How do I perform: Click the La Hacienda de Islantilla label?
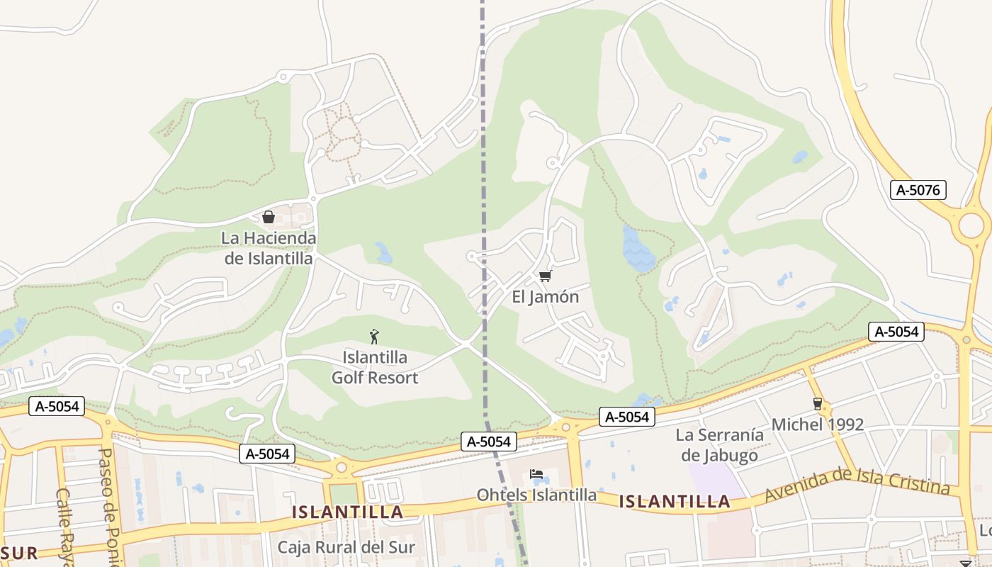(269, 248)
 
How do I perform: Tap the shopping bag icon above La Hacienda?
(269, 217)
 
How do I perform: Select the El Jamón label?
(545, 297)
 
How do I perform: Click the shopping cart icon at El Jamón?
(545, 276)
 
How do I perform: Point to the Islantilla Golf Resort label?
(375, 367)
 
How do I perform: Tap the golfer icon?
(375, 336)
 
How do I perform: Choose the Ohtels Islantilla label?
(536, 495)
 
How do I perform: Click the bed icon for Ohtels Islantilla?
(536, 473)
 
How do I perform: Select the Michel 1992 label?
(818, 425)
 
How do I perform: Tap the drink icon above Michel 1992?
(818, 404)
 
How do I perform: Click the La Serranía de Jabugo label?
(719, 445)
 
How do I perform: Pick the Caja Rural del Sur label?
(346, 547)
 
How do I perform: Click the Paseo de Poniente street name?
(108, 507)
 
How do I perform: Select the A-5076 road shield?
(918, 190)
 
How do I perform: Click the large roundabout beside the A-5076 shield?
(971, 225)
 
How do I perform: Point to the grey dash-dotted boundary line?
(484, 177)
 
